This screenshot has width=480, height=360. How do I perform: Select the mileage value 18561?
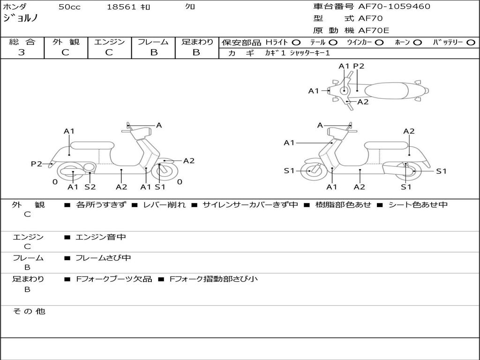121,7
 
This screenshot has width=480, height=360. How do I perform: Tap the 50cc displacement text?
68,7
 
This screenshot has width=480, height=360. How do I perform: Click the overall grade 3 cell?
22,52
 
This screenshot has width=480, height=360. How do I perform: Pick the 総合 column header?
22,42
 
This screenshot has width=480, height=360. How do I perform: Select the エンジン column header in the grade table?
109,42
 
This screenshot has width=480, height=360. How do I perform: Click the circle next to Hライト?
296,43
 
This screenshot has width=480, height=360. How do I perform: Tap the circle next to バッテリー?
471,43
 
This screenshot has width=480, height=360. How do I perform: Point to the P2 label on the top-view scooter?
359,66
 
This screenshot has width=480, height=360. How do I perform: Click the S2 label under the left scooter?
90,187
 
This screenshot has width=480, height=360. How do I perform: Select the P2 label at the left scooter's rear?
36,164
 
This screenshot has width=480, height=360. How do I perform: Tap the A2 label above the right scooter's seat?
409,131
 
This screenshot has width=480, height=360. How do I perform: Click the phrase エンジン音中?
101,237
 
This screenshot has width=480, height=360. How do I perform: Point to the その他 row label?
29,311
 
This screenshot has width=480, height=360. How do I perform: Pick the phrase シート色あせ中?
418,205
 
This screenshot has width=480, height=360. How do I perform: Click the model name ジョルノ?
21,18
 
